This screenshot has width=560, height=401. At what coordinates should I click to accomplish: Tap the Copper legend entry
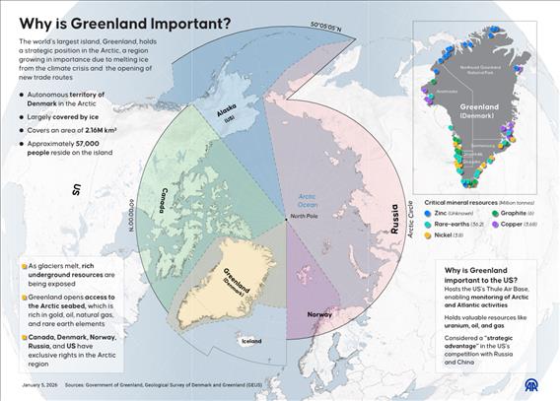[x=517, y=224]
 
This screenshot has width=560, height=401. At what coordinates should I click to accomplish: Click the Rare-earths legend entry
[x=459, y=224]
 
